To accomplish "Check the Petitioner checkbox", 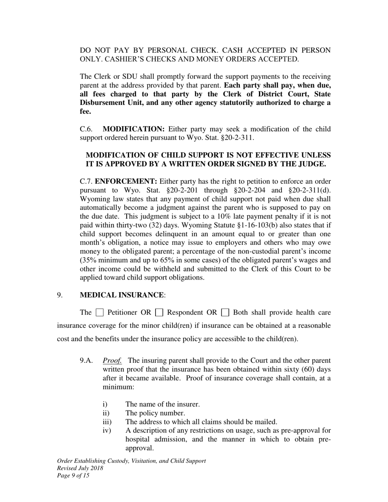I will click(x=99, y=313).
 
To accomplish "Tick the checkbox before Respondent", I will click(x=159, y=313).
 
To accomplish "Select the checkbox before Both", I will click(x=225, y=313).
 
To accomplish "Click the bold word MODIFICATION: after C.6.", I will click(x=134, y=129).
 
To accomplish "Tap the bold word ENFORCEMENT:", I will click(x=126, y=181).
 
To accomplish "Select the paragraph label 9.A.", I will click(x=87, y=360).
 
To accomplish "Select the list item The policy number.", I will click(x=155, y=413).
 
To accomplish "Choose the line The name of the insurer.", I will click(x=163, y=404).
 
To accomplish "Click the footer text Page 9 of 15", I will click(x=74, y=475).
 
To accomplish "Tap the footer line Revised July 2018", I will click(x=80, y=468).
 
